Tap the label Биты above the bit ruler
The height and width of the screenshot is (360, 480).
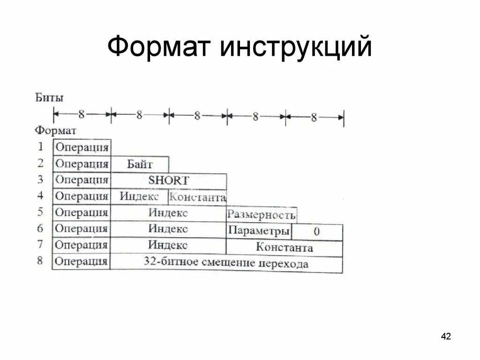49,98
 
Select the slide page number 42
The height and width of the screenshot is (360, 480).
446,336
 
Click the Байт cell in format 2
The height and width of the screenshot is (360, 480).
140,165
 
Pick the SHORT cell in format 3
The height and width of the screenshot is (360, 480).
169,180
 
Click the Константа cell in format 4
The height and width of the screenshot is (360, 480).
197,197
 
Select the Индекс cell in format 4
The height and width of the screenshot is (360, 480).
139,196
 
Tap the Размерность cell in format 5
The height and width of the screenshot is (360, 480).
261,215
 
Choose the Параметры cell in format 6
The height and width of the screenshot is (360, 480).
259,231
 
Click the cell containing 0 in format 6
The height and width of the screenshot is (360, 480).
317,231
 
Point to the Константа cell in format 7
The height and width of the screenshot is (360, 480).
284,247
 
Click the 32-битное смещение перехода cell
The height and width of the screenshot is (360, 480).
226,263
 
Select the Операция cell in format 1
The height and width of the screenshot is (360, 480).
82,148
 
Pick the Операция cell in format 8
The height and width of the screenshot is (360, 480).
81,262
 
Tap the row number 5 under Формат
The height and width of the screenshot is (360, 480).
40,212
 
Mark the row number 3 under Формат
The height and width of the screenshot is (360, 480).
40,179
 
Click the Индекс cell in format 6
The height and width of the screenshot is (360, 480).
168,229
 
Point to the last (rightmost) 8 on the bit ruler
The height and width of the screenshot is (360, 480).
313,117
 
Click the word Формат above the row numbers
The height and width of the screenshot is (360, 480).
56,130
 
